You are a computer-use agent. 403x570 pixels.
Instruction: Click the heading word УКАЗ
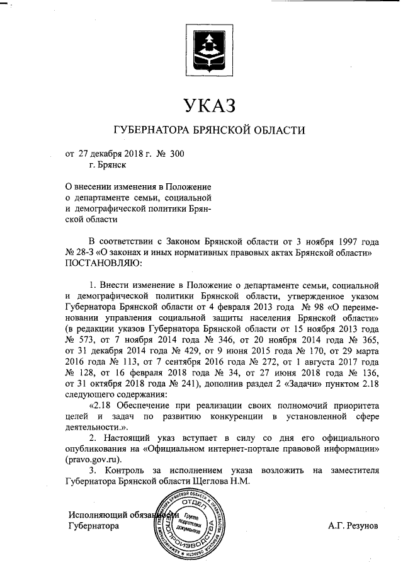pyautogui.click(x=208, y=105)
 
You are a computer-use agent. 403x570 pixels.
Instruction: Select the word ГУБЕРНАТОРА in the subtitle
pyautogui.click(x=151, y=131)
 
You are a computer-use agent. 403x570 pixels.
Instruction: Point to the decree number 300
pyautogui.click(x=177, y=154)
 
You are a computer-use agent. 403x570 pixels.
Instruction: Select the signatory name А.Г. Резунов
pyautogui.click(x=353, y=525)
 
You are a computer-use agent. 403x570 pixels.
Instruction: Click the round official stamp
pyautogui.click(x=190, y=525)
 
